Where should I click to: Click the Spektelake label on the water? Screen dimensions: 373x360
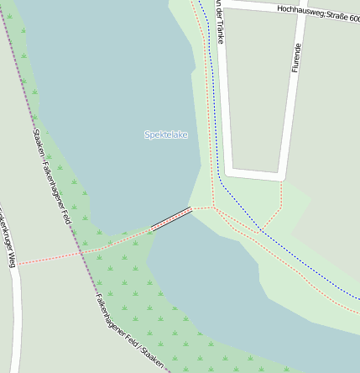coord(165,134)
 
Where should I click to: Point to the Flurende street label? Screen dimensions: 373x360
coord(295,57)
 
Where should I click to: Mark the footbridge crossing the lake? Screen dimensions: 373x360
coord(171,218)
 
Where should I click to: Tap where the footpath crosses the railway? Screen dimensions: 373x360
coord(81,252)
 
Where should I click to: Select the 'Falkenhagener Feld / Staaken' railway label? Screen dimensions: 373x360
coord(131,333)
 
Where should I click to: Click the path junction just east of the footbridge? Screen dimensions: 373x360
coord(214,207)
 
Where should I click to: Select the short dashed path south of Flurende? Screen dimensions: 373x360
coord(281,193)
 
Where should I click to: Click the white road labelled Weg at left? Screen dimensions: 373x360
coord(15,319)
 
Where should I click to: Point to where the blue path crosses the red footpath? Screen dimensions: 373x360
coord(261,229)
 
